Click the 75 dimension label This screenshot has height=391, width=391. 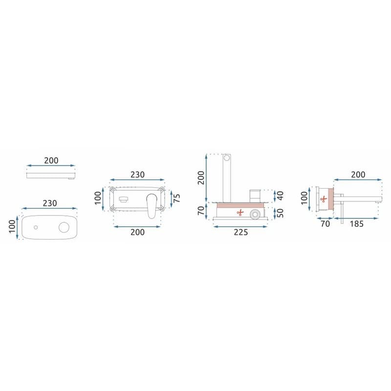click(176, 198)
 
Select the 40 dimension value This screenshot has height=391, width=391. click(280, 195)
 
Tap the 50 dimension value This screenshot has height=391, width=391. click(280, 213)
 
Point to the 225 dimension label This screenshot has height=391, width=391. click(240, 232)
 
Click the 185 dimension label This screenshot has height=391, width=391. click(356, 224)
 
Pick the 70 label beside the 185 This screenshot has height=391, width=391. click(325, 224)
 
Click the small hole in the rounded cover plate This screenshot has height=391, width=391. click(36, 227)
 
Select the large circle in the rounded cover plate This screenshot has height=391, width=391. click(64, 227)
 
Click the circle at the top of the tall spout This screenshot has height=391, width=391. click(227, 158)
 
